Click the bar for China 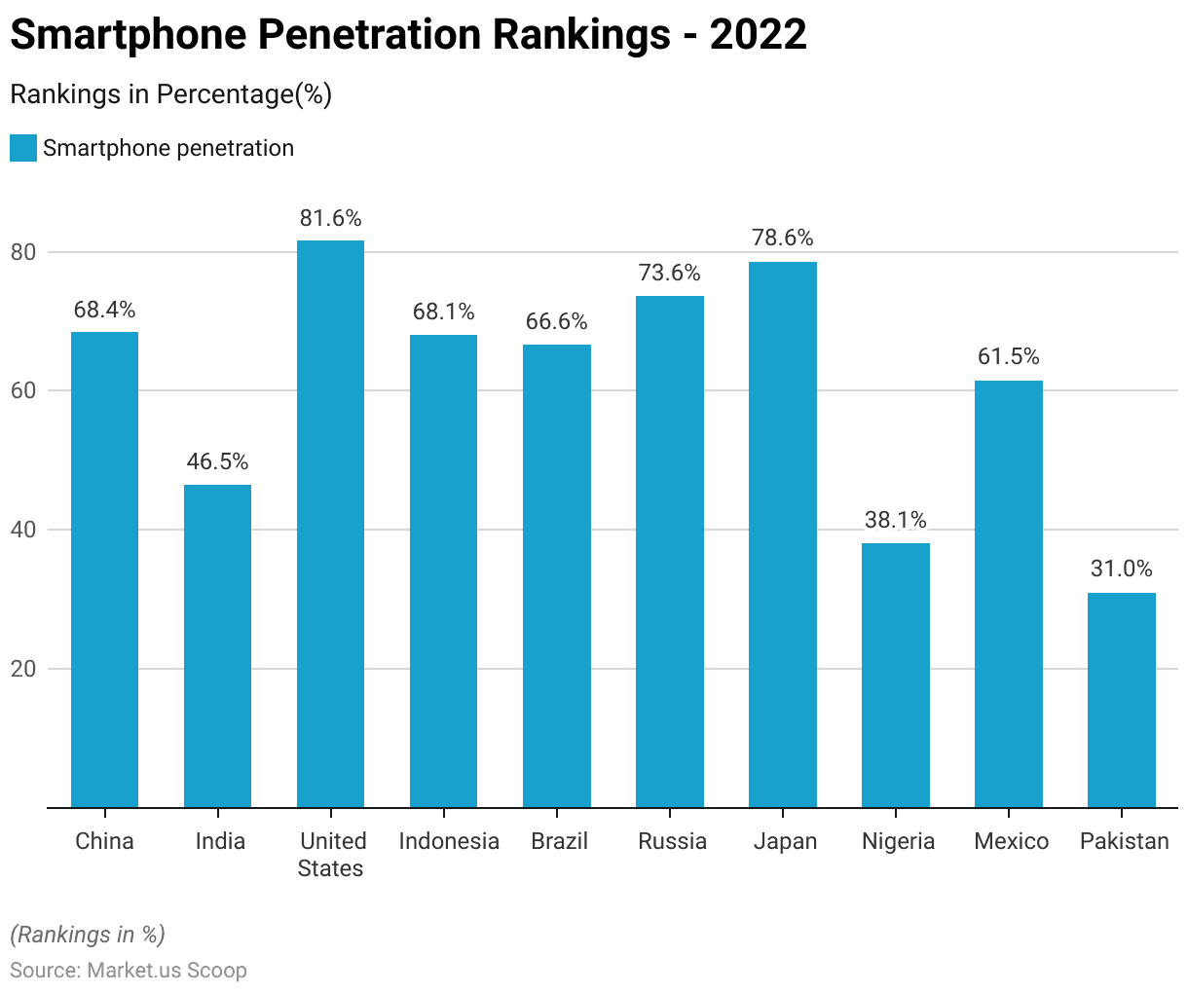[104, 570]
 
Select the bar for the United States [330, 524]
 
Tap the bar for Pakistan [1121, 700]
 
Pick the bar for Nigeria [895, 675]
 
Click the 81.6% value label [330, 218]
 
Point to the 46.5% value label [217, 461]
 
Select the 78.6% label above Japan [782, 239]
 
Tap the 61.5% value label [1008, 357]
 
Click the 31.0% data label [1121, 569]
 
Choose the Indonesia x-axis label [449, 841]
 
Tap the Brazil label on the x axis [559, 841]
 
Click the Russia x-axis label [672, 841]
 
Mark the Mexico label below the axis [1011, 841]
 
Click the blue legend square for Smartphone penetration [23, 148]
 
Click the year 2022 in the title [758, 35]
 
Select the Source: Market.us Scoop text [129, 971]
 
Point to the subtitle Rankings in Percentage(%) [170, 94]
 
